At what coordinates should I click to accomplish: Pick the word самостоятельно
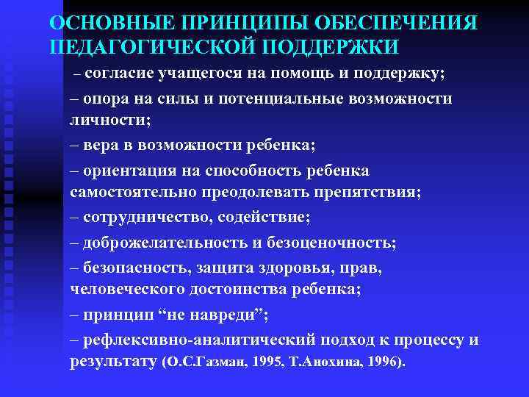127,193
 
